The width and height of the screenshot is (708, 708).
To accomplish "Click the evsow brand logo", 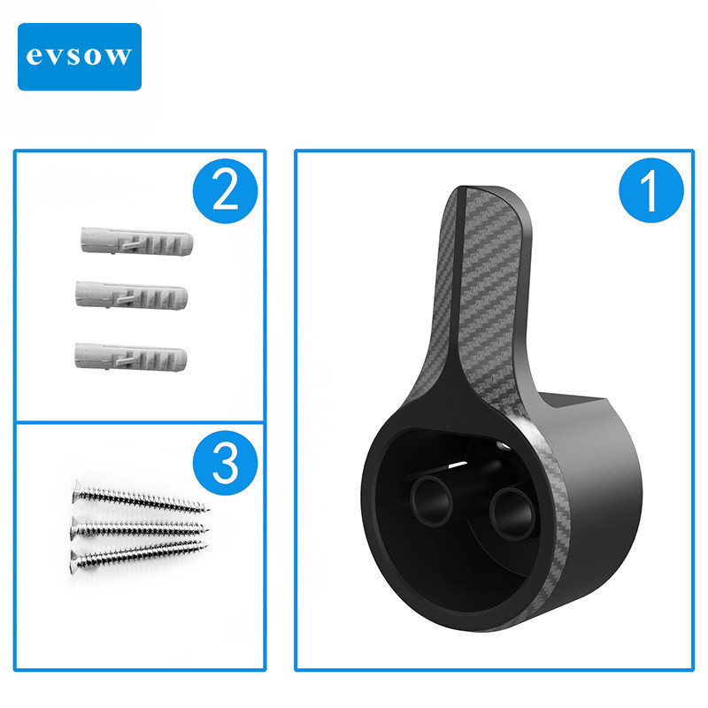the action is tap(80, 57).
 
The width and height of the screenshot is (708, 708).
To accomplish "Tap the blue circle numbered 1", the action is tap(651, 190).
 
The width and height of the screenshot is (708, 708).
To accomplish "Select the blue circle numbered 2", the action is tap(225, 191).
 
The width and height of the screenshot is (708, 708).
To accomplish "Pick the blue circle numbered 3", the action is tap(225, 463).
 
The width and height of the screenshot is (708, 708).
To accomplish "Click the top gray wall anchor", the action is tap(137, 242).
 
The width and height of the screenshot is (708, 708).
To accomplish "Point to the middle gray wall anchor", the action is tap(131, 296).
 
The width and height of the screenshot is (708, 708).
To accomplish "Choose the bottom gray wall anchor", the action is tap(130, 358).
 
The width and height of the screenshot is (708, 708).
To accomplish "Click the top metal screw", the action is tap(140, 498).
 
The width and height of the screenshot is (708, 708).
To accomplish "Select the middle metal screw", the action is tap(139, 527).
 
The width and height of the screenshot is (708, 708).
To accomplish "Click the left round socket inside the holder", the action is tap(431, 500).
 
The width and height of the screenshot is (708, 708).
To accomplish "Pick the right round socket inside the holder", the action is tap(513, 514).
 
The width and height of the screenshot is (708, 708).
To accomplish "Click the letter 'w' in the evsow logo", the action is tap(119, 58).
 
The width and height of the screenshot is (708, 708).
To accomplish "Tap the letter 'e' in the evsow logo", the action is tap(34, 58).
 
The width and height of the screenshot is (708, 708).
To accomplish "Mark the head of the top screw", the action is tap(77, 491).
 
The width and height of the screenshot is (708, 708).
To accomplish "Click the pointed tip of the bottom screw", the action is tap(206, 544).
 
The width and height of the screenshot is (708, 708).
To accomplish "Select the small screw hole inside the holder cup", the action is tap(504, 447).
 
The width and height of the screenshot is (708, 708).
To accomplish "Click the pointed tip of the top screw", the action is tap(208, 510).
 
